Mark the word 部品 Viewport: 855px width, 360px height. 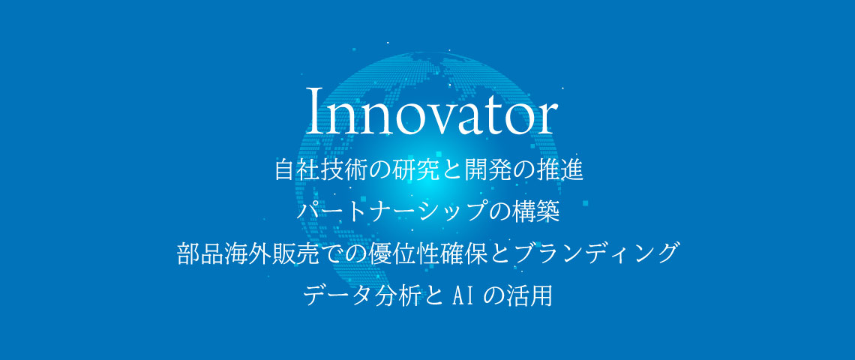pyautogui.click(x=198, y=254)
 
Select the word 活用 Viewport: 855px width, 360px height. pyautogui.click(x=530, y=295)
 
